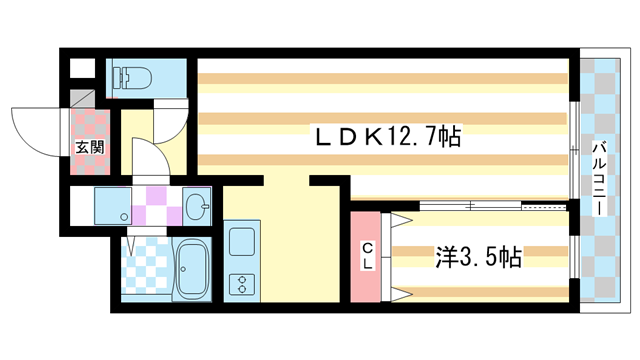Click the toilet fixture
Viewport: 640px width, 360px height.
click(x=131, y=78)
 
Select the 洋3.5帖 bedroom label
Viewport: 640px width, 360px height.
click(x=478, y=257)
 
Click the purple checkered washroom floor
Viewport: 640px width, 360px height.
click(x=157, y=207)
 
